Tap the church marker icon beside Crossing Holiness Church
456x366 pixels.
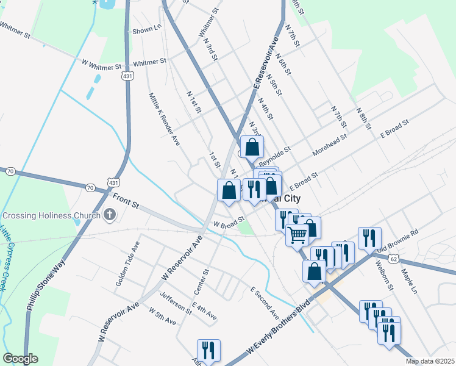(x=110, y=214)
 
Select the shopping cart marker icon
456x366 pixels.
(x=297, y=234)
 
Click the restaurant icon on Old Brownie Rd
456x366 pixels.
(x=369, y=238)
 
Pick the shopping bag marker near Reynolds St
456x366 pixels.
(x=251, y=147)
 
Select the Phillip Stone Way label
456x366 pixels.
(x=46, y=287)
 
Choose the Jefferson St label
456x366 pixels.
(x=176, y=303)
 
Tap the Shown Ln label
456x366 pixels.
(x=146, y=29)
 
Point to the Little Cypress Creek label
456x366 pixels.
(x=7, y=257)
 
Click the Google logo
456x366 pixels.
(x=20, y=359)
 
